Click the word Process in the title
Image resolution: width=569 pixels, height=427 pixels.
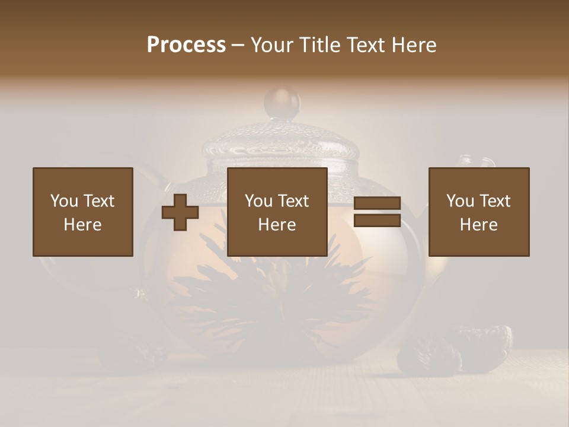tap(186, 45)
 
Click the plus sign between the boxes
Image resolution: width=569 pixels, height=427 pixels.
tap(180, 212)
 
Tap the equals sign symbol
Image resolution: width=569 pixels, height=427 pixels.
tap(377, 212)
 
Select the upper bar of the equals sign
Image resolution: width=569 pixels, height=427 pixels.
tap(377, 203)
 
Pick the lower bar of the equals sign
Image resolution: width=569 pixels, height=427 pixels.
tap(377, 220)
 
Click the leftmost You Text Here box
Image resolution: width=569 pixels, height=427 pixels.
tap(83, 212)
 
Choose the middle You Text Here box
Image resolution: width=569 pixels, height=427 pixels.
tap(277, 212)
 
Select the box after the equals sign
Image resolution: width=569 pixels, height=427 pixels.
tap(479, 212)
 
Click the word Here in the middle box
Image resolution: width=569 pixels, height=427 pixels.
tap(277, 225)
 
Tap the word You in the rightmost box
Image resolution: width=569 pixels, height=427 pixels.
tap(460, 201)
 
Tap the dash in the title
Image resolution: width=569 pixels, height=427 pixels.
tap(238, 45)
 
